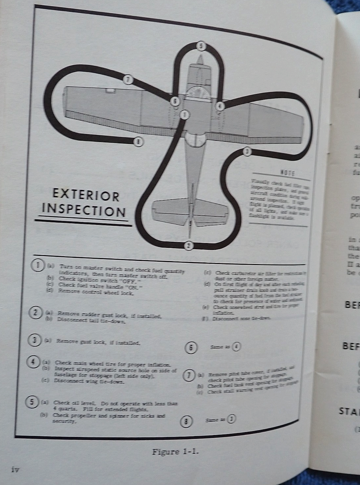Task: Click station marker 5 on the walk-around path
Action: click(x=201, y=46)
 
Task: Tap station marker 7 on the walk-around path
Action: click(x=128, y=79)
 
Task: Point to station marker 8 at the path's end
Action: click(x=139, y=142)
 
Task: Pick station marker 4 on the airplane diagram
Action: click(x=220, y=106)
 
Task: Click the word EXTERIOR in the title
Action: click(x=86, y=196)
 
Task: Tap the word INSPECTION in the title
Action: click(x=84, y=210)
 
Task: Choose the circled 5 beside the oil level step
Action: click(x=32, y=402)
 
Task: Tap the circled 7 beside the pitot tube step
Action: click(x=189, y=376)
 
